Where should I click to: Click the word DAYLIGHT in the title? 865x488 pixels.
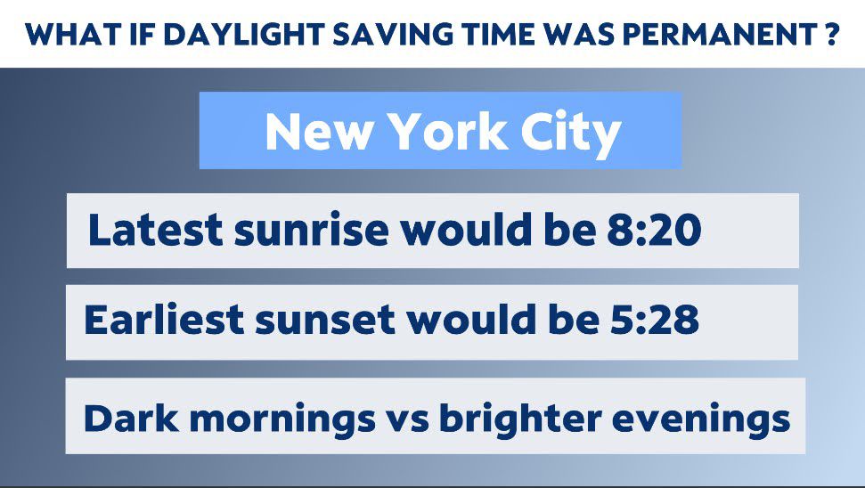click(x=242, y=35)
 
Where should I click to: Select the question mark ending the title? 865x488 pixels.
click(x=832, y=35)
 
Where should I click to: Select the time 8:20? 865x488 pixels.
click(x=654, y=230)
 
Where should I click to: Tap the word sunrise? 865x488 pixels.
click(x=312, y=230)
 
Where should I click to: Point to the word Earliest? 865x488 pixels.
click(x=164, y=319)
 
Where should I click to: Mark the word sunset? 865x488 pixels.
click(x=325, y=321)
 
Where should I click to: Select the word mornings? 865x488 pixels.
click(x=282, y=419)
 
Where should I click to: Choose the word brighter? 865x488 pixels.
click(x=520, y=419)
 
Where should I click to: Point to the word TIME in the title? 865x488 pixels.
click(x=498, y=35)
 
